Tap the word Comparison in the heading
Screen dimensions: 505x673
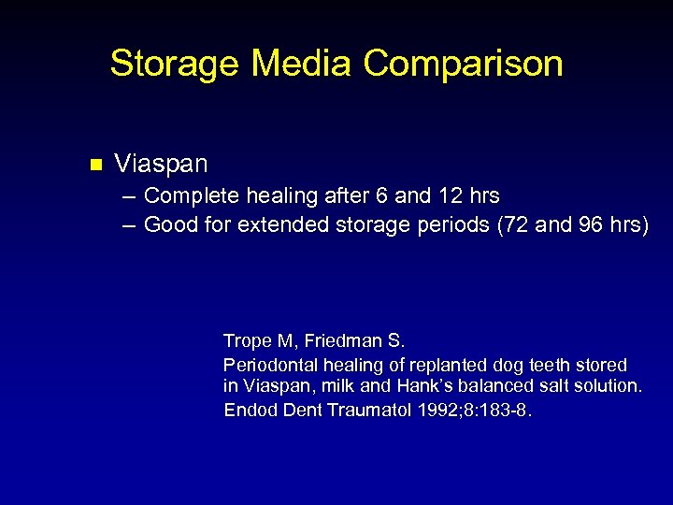463,65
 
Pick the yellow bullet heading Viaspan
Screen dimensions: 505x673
161,165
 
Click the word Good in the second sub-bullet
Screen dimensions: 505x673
168,224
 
